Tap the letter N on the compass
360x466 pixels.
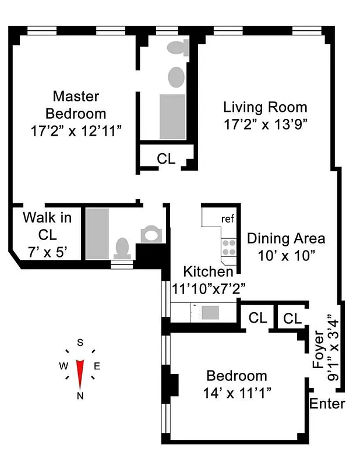pyautogui.click(x=80, y=396)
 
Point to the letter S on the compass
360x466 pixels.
pyautogui.click(x=80, y=342)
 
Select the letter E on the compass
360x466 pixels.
pyautogui.click(x=97, y=366)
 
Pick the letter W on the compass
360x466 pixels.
pyautogui.click(x=62, y=366)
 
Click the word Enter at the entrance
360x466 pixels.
pyautogui.click(x=327, y=404)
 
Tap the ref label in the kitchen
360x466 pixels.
pyautogui.click(x=227, y=219)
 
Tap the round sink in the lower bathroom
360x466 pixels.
pyautogui.click(x=151, y=234)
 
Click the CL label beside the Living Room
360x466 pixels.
pyautogui.click(x=166, y=158)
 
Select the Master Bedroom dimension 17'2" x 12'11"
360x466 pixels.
pyautogui.click(x=76, y=131)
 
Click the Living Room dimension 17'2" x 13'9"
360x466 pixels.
pyautogui.click(x=265, y=123)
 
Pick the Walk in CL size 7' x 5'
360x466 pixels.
pyautogui.click(x=47, y=252)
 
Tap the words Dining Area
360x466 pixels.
pyautogui.click(x=286, y=238)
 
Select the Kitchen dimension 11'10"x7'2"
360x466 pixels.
pyautogui.click(x=209, y=287)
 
